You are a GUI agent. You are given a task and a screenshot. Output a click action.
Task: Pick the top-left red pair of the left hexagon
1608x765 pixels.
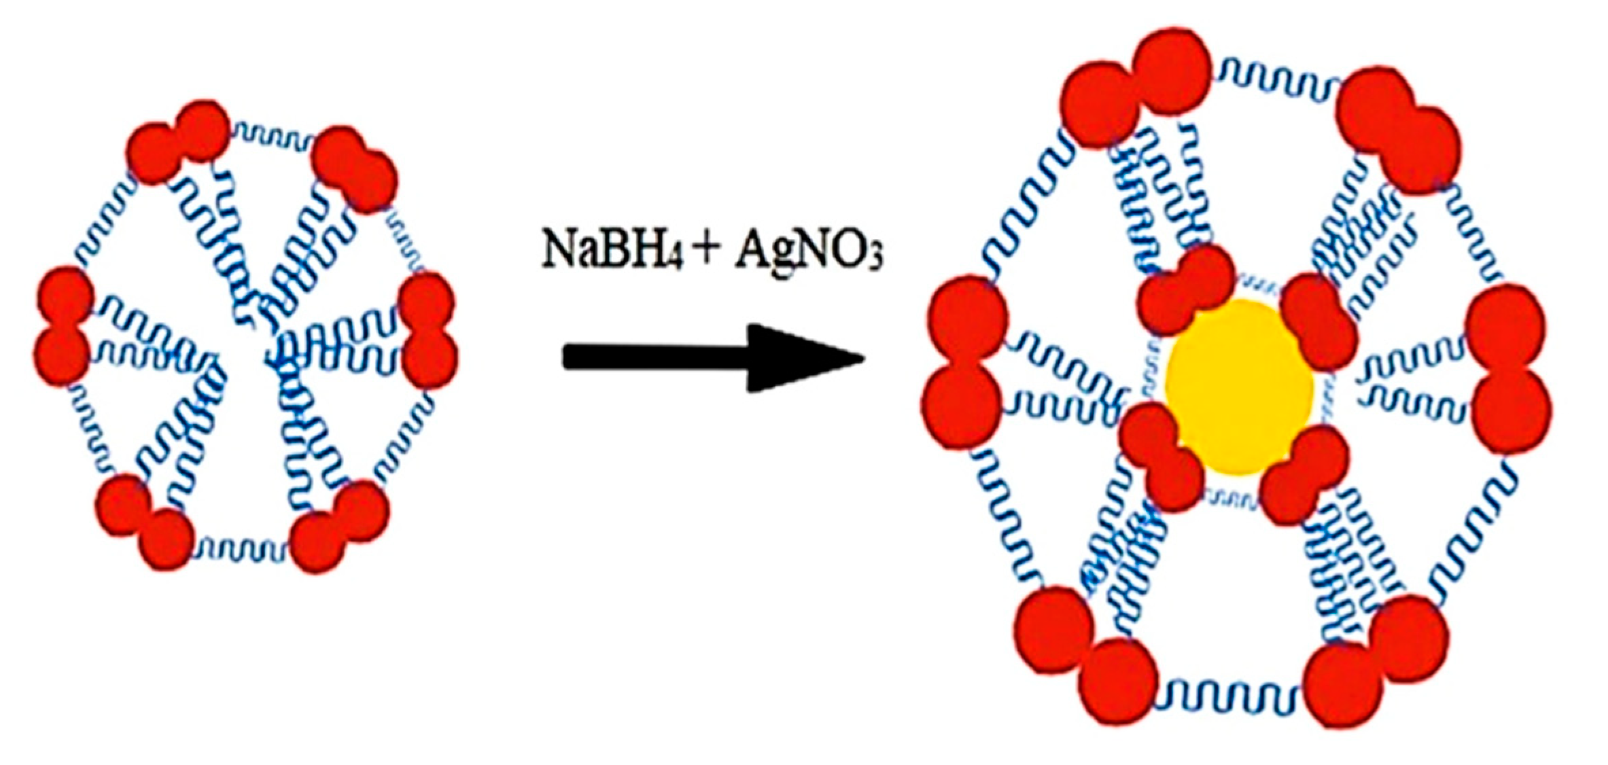click(x=178, y=141)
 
